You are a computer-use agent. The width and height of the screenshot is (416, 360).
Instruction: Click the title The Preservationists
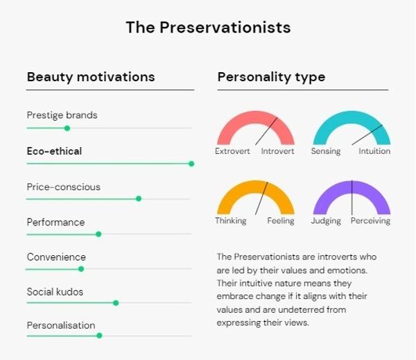coord(208,27)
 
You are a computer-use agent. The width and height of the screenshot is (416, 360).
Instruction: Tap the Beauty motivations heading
coord(91,77)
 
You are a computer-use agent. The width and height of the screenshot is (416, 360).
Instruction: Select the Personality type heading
coord(271,77)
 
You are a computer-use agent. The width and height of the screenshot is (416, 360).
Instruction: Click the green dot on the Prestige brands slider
coord(67,128)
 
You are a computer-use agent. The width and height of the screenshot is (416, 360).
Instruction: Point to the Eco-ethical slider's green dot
coord(191,164)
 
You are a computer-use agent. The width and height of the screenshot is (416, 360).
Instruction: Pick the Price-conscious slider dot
coord(139,198)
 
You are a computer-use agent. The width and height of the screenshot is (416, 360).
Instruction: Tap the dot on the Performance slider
coord(98,234)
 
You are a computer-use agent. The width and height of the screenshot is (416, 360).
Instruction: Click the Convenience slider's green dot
coord(81,269)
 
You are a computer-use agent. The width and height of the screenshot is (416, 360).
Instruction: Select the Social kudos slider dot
coord(116,302)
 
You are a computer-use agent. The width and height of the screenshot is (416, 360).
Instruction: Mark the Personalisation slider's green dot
coord(99,336)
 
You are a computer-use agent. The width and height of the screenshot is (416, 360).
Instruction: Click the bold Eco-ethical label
coord(54,151)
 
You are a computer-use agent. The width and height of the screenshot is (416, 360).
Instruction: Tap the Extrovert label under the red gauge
coord(232,151)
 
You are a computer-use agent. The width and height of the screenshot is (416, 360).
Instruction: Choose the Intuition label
coord(374,151)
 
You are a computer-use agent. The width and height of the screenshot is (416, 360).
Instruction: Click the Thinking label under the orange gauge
coord(231,221)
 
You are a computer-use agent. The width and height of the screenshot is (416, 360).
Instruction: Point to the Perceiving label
coord(370,221)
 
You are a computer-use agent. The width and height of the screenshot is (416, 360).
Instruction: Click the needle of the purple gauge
coord(352,198)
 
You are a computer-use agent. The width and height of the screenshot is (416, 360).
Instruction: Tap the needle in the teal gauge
coord(367,135)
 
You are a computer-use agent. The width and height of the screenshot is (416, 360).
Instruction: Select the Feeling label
coord(281,221)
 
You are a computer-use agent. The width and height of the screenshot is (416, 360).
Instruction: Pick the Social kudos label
coord(55,292)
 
